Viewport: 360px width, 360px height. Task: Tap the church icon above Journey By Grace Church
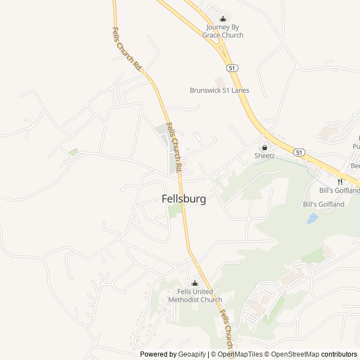coord(223,19)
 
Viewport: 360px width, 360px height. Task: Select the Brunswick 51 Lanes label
coord(219,90)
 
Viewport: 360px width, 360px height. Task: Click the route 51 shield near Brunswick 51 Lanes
coord(232,67)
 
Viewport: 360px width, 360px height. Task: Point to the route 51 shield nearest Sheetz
coord(299,152)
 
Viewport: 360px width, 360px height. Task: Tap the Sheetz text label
coord(264,155)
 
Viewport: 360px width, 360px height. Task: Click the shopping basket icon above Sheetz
coord(264,147)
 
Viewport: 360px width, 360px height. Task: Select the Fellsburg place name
coord(183,199)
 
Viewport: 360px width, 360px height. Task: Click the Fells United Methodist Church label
coord(195,295)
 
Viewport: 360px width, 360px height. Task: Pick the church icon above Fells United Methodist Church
coord(195,283)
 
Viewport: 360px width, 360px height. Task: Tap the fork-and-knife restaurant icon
coord(340,181)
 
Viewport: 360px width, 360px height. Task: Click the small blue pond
coord(312,218)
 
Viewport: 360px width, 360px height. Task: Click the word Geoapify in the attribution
coord(192,354)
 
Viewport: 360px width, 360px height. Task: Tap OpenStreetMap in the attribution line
coord(293,354)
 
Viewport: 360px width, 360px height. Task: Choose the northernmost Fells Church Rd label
coord(127,49)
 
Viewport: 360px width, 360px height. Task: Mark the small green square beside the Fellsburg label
coord(175,211)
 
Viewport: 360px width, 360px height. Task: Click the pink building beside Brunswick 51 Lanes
coord(219,82)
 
